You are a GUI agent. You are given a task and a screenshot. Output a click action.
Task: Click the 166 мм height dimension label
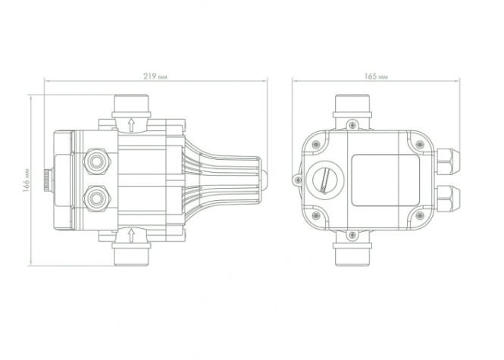point(27,180)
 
